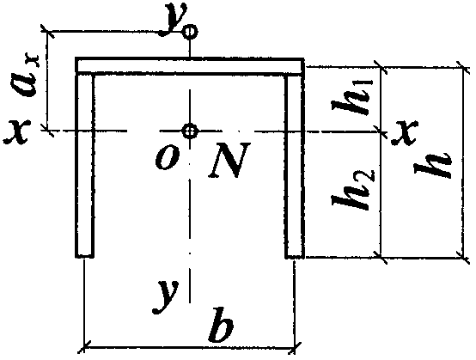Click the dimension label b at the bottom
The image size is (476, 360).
pyautogui.click(x=222, y=325)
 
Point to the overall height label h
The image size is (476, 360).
pyautogui.click(x=433, y=167)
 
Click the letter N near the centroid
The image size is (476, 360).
pyautogui.click(x=230, y=159)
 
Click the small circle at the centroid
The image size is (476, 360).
pyautogui.click(x=190, y=131)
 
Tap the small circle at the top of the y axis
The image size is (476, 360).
pyautogui.click(x=190, y=31)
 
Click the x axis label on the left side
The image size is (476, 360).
pyautogui.click(x=16, y=131)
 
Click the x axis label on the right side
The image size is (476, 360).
pyautogui.click(x=406, y=132)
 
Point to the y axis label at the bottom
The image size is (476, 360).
pyautogui.click(x=166, y=296)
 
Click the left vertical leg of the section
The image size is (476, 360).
pyautogui.click(x=85, y=166)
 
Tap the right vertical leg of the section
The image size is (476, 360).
pyautogui.click(x=295, y=166)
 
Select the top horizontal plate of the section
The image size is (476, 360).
pyautogui.click(x=190, y=65)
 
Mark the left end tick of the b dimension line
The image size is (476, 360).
pyautogui.click(x=84, y=346)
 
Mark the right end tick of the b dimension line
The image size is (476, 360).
pyautogui.click(x=294, y=348)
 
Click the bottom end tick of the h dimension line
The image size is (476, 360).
pyautogui.click(x=464, y=258)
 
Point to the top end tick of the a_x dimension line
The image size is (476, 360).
pyautogui.click(x=47, y=31)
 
